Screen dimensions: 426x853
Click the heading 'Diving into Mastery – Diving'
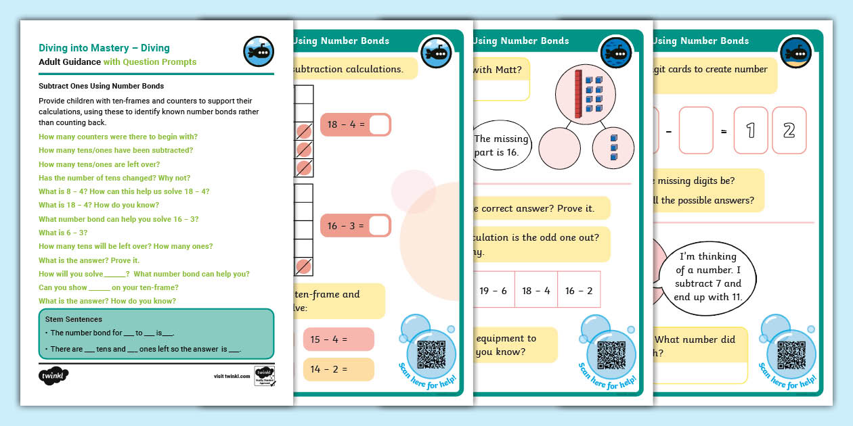[104, 48]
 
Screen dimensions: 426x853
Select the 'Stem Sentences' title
[74, 318]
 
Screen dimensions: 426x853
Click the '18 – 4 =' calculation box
[355, 125]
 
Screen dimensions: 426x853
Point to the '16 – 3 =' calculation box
[355, 226]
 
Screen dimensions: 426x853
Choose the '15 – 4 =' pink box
[338, 339]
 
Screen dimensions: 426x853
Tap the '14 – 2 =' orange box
[338, 369]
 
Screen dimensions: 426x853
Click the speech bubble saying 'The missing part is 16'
[501, 145]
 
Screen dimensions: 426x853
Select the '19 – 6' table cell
[493, 291]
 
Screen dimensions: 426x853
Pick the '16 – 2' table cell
[579, 291]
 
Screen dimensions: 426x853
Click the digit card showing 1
[750, 131]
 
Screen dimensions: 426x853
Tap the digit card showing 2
[789, 131]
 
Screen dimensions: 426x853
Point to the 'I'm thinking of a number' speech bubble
[707, 277]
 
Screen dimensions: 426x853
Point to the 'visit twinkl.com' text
[232, 376]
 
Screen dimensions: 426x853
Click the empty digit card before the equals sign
[696, 131]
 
